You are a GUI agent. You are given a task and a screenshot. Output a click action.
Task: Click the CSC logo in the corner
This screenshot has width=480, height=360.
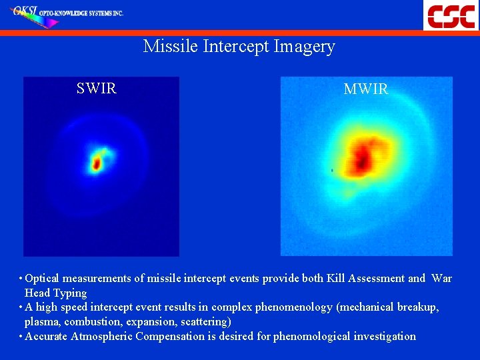[451, 15]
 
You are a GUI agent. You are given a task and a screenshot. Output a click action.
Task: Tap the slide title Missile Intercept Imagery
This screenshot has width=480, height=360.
[239, 47]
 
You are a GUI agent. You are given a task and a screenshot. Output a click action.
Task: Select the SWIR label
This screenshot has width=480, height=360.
[97, 89]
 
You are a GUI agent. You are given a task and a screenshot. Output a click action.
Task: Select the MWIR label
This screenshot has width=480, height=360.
[365, 89]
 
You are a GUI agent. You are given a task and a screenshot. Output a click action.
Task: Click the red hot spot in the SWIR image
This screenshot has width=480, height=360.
[96, 162]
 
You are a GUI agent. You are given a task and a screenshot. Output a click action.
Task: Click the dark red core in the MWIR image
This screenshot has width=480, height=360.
[363, 157]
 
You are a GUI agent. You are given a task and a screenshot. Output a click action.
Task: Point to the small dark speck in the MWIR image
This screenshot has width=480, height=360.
[332, 171]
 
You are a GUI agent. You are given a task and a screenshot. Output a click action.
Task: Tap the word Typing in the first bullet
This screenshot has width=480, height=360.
[71, 293]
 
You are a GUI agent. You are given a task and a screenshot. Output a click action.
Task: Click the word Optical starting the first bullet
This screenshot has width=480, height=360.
[45, 279]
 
